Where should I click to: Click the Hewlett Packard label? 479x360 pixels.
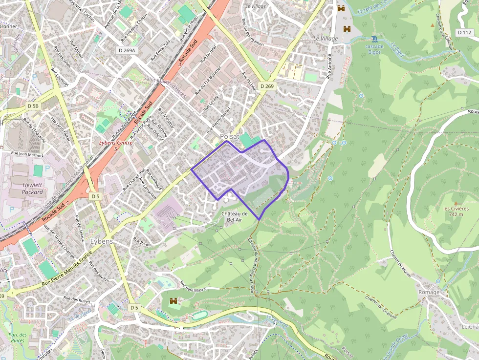coord(32,189)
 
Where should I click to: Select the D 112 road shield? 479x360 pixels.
coord(465,32)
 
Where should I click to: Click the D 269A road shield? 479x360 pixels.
coord(127,50)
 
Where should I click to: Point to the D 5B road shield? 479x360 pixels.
coord(33,106)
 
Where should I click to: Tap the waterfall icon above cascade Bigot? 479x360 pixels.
coord(374,39)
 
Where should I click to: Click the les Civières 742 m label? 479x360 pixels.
coord(456,211)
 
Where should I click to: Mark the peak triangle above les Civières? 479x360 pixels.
coord(456,203)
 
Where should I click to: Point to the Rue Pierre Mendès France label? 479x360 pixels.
coord(67,269)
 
